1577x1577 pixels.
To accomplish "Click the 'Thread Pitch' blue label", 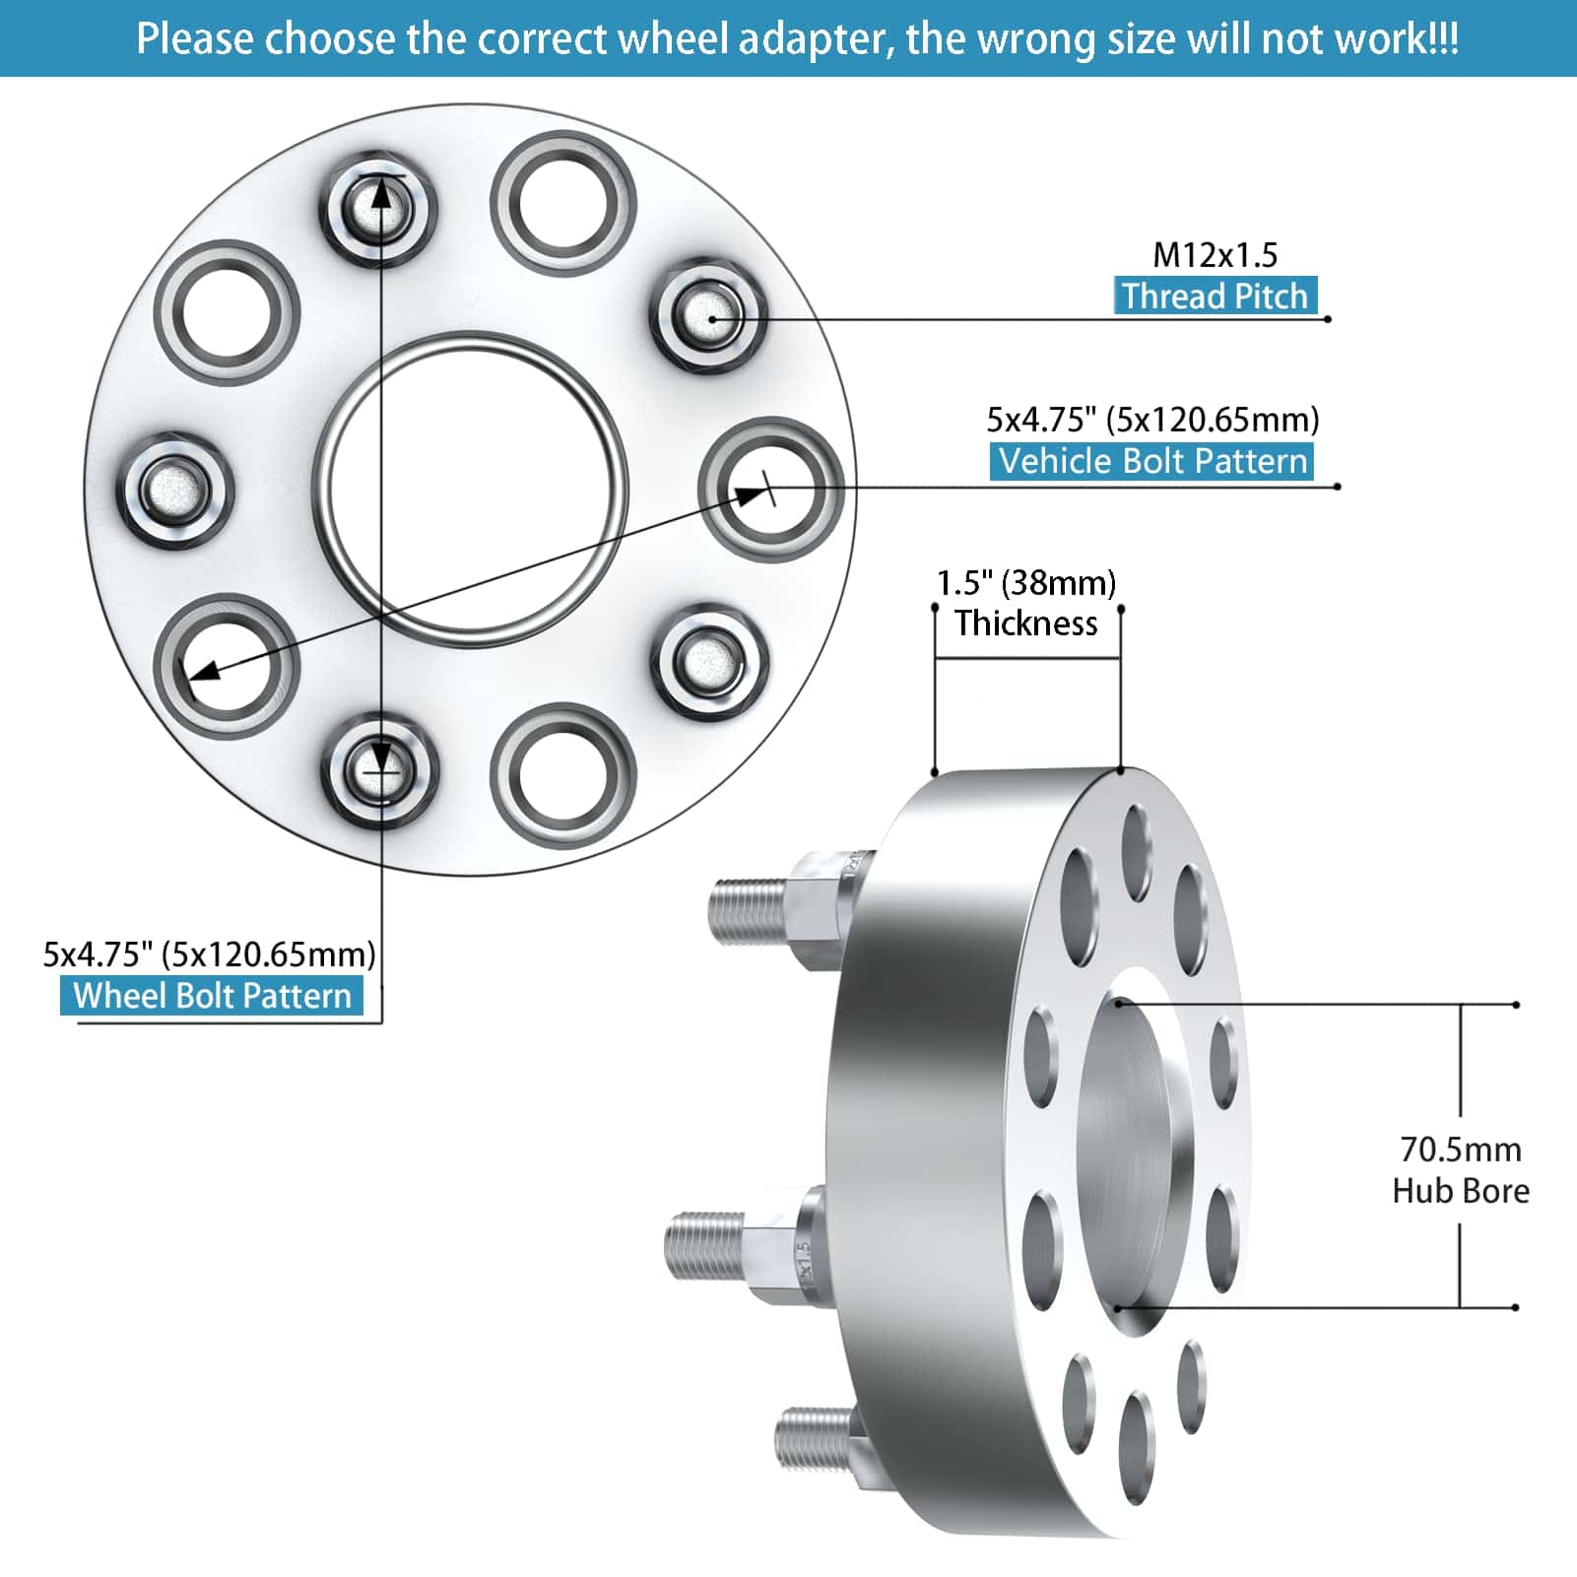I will pos(1215,296).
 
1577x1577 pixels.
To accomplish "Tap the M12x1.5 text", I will pos(1215,255).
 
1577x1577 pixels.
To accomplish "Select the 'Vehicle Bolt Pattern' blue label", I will pos(1151,461).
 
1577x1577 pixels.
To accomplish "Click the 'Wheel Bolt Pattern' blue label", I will pos(212,995).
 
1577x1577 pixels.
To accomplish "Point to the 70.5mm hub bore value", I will pos(1460,1150).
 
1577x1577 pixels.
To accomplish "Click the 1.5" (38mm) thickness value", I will pos(1025,583).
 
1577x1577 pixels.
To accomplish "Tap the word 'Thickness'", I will pos(1025,624).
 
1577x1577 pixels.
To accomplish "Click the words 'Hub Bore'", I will pos(1460,1191).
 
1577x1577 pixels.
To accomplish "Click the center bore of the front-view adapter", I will pos(471,489).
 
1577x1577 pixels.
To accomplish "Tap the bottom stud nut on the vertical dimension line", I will pos(380,770).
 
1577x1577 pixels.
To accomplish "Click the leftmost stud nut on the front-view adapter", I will pos(175,489).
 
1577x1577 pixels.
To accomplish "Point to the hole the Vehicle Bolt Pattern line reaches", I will pos(770,489).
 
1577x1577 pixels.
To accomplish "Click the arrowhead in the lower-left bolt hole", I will pos(202,673).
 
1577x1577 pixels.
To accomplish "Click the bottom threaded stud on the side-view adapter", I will pos(816,1440).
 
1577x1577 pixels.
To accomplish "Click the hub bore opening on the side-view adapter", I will pos(1133,1152).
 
